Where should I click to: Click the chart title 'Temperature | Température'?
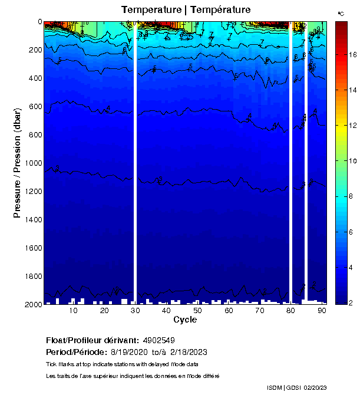pyautogui.click(x=186, y=9)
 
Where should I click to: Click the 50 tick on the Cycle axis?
pyautogui.click(x=197, y=310)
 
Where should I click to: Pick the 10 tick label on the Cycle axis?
pyautogui.click(x=74, y=310)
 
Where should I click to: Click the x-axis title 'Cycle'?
pyautogui.click(x=185, y=320)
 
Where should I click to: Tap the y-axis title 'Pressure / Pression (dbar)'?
pyautogui.click(x=17, y=163)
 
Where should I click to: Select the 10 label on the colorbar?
pyautogui.click(x=352, y=161)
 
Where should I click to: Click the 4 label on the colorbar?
pyautogui.click(x=352, y=267)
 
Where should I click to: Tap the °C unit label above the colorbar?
pyautogui.click(x=341, y=13)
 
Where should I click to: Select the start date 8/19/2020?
pyautogui.click(x=131, y=352)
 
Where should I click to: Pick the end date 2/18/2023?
pyautogui.click(x=188, y=352)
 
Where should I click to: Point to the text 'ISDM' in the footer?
pyautogui.click(x=275, y=387)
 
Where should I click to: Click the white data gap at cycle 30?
pyautogui.click(x=135, y=163)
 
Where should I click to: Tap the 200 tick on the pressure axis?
pyautogui.click(x=34, y=50)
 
